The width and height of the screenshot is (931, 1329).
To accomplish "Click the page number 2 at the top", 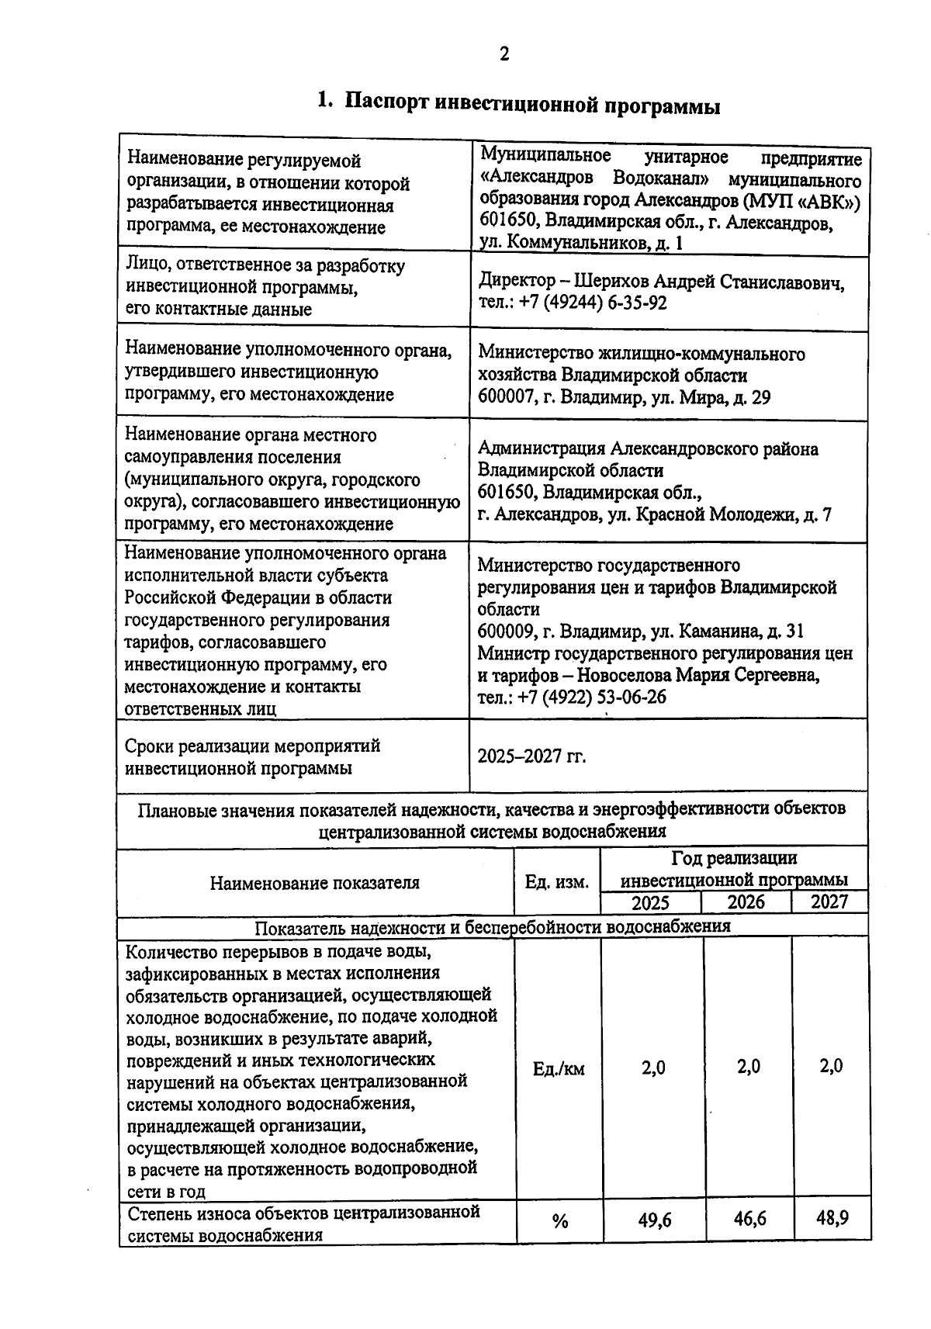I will pyautogui.click(x=504, y=54).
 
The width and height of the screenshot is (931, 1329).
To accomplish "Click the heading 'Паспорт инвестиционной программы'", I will pyautogui.click(x=531, y=104).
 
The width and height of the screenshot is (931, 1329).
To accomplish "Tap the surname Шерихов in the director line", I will pyautogui.click(x=611, y=281).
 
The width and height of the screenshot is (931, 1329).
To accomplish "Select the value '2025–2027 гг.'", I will pyautogui.click(x=531, y=756).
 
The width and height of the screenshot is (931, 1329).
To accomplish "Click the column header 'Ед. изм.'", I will pyautogui.click(x=557, y=882).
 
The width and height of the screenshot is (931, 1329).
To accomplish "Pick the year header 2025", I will pyautogui.click(x=650, y=902).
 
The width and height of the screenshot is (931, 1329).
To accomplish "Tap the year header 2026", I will pyautogui.click(x=746, y=902).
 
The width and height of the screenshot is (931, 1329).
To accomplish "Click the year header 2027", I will pyautogui.click(x=829, y=902).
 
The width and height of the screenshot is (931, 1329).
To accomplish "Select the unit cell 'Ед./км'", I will pyautogui.click(x=559, y=1069).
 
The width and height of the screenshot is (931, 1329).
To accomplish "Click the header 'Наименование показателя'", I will pyautogui.click(x=314, y=882).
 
